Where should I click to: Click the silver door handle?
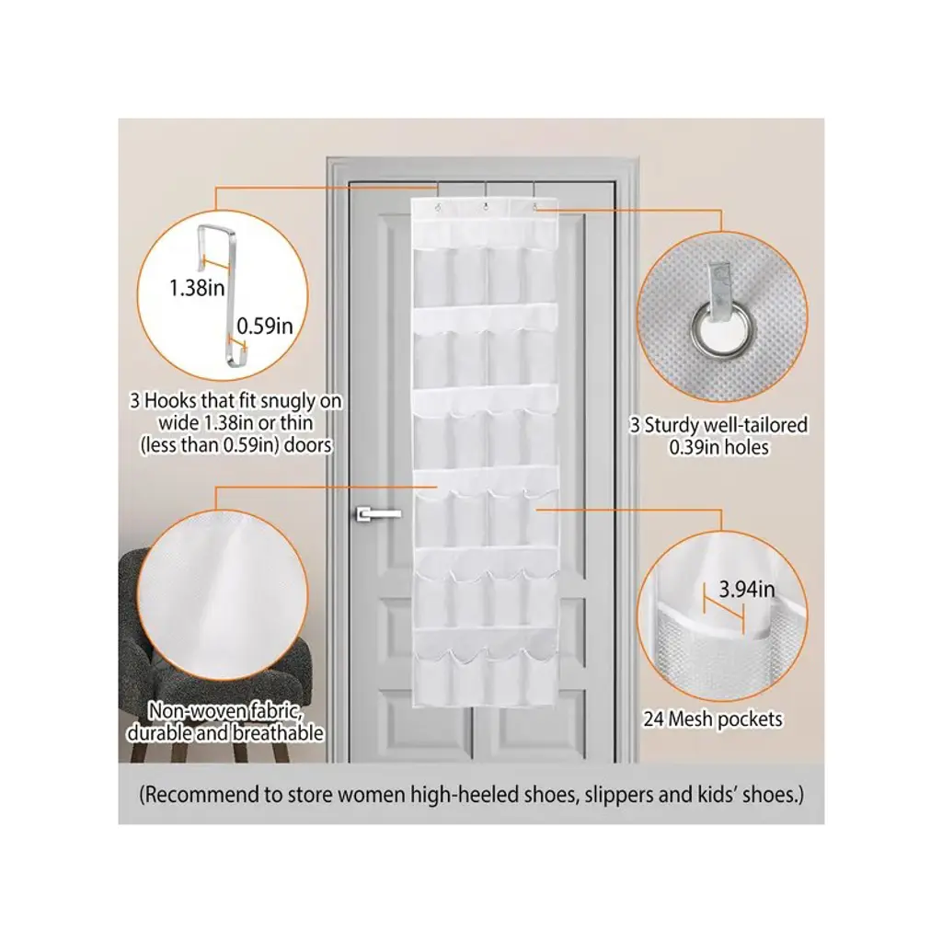pyautogui.click(x=378, y=513)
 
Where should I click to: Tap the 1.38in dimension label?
pyautogui.click(x=197, y=288)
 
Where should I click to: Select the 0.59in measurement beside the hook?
pyautogui.click(x=264, y=326)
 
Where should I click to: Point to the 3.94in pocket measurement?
pyautogui.click(x=747, y=590)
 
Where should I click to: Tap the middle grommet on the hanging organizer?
pyautogui.click(x=485, y=208)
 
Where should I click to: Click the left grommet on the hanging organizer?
pyautogui.click(x=438, y=208)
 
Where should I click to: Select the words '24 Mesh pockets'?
pyautogui.click(x=713, y=719)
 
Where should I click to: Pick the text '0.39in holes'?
pyautogui.click(x=719, y=448)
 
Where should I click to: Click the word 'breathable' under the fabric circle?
pyautogui.click(x=278, y=733)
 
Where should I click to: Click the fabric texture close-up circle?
pyautogui.click(x=223, y=595)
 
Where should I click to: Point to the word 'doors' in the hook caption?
pyautogui.click(x=307, y=446)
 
